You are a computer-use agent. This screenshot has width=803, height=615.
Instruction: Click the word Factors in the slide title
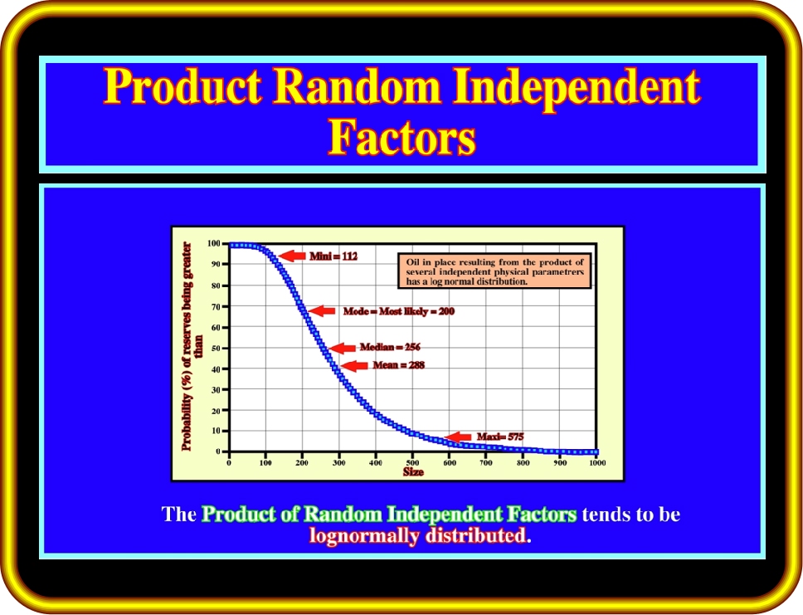pos(402,136)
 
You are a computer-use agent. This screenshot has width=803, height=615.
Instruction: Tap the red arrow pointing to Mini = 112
pos(293,256)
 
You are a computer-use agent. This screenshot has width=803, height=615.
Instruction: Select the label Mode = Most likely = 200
pos(398,311)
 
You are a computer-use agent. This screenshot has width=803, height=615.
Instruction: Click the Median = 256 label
pos(390,347)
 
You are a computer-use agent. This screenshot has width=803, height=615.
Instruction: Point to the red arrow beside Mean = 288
pos(354,365)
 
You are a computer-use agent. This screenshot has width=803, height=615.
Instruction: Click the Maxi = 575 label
pos(500,437)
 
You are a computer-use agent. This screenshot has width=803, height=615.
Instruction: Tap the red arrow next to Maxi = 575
pos(457,437)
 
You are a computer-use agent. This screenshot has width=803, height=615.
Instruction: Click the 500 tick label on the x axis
pos(412,463)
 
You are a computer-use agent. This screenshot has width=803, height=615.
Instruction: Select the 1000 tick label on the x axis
pos(597,463)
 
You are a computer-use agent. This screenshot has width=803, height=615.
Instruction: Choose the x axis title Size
pos(413,472)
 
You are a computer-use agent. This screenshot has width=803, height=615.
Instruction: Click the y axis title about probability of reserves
pos(192,347)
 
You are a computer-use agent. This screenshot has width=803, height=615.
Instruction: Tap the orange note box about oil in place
pos(494,271)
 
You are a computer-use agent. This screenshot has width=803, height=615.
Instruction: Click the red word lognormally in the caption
pos(364,535)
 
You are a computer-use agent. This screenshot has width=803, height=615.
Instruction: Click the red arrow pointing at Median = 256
pos(342,349)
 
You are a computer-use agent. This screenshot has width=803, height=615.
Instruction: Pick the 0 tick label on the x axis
pos(229,463)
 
